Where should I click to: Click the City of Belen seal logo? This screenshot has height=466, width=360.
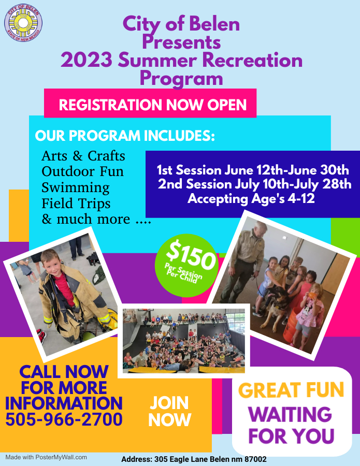point(23,23)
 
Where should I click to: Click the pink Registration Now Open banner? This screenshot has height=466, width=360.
point(150,103)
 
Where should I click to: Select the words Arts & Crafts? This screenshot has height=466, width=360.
point(83,156)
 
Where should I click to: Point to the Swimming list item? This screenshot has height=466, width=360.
point(76,188)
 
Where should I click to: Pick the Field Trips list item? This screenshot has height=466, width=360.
point(76,203)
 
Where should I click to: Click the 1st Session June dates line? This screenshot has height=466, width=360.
point(253,170)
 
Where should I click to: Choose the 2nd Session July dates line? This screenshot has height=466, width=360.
point(254,184)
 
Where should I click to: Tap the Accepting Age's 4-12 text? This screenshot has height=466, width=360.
point(251,198)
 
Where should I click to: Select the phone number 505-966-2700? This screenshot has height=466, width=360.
point(64,419)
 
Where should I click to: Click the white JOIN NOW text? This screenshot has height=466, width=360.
point(170,411)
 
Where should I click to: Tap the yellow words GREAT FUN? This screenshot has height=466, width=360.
point(291,390)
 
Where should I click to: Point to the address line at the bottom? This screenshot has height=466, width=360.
point(194,459)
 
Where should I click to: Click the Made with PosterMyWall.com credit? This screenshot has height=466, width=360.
point(46,457)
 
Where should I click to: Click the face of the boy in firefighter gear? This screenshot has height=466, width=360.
point(51,264)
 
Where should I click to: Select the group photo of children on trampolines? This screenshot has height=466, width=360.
point(184,341)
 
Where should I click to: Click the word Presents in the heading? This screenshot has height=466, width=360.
point(181,42)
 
